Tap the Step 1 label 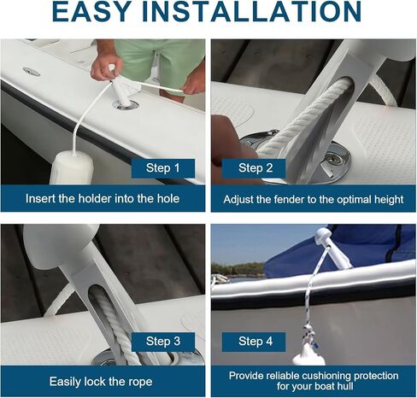click(x=163, y=168)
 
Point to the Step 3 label click(x=163, y=342)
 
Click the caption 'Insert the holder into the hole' click(x=103, y=198)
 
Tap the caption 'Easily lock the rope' click(x=101, y=382)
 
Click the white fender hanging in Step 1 click(x=72, y=168)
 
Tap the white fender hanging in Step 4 click(x=308, y=355)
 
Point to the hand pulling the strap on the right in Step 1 click(x=195, y=83)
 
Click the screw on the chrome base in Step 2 click(x=331, y=156)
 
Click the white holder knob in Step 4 click(x=323, y=235)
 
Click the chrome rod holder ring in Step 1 click(x=126, y=105)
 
